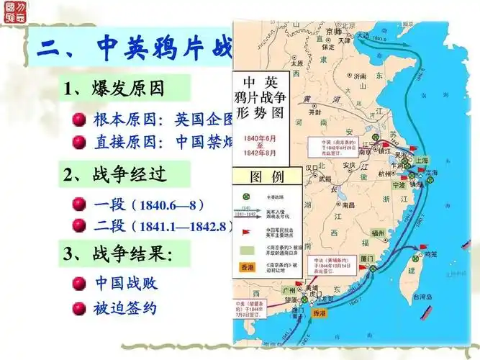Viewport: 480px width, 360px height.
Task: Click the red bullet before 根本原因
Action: (80, 119)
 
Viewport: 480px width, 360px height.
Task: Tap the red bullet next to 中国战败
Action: (80, 284)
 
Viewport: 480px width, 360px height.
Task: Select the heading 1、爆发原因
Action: (114, 89)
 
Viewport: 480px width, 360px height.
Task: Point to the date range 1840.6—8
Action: (168, 204)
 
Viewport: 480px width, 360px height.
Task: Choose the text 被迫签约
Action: (125, 309)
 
